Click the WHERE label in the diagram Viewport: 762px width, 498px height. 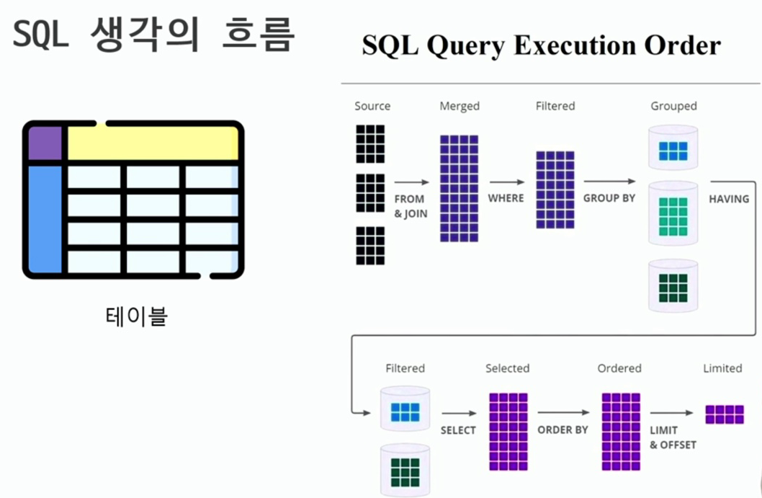pos(506,197)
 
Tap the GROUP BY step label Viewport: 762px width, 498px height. pos(609,197)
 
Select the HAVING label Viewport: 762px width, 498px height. pos(729,198)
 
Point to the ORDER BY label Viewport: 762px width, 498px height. pos(562,430)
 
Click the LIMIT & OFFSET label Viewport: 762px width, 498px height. pos(673,437)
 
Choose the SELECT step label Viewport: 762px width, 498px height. pos(458,430)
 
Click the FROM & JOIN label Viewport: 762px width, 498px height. pos(410,205)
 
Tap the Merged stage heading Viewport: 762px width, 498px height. pos(460,106)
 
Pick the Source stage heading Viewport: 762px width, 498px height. pos(372,106)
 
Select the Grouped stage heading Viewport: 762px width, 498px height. pos(673,106)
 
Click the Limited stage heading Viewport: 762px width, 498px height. pos(722,368)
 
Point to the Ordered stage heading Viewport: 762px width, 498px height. pos(619,368)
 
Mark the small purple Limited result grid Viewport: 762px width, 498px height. pos(725,414)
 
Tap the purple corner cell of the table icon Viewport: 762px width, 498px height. pos(45,143)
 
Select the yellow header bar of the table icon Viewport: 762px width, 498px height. pos(152,143)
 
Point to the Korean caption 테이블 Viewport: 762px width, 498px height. pos(135,316)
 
